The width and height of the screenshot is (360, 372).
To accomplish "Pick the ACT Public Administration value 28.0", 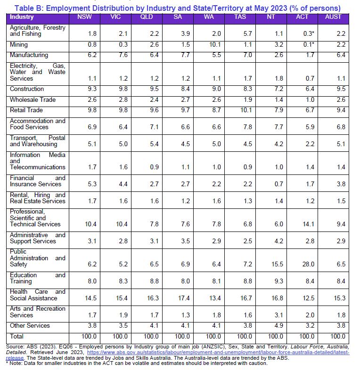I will click(309, 265).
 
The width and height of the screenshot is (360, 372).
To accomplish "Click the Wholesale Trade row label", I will click(33, 99).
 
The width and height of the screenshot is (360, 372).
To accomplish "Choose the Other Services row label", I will click(30, 326).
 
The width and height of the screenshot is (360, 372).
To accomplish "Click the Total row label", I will click(17, 336).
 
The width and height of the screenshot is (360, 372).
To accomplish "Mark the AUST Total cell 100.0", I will click(338, 336).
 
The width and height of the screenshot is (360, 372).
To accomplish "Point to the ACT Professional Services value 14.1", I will click(309, 224).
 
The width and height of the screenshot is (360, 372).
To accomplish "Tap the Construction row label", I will click(27, 89).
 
